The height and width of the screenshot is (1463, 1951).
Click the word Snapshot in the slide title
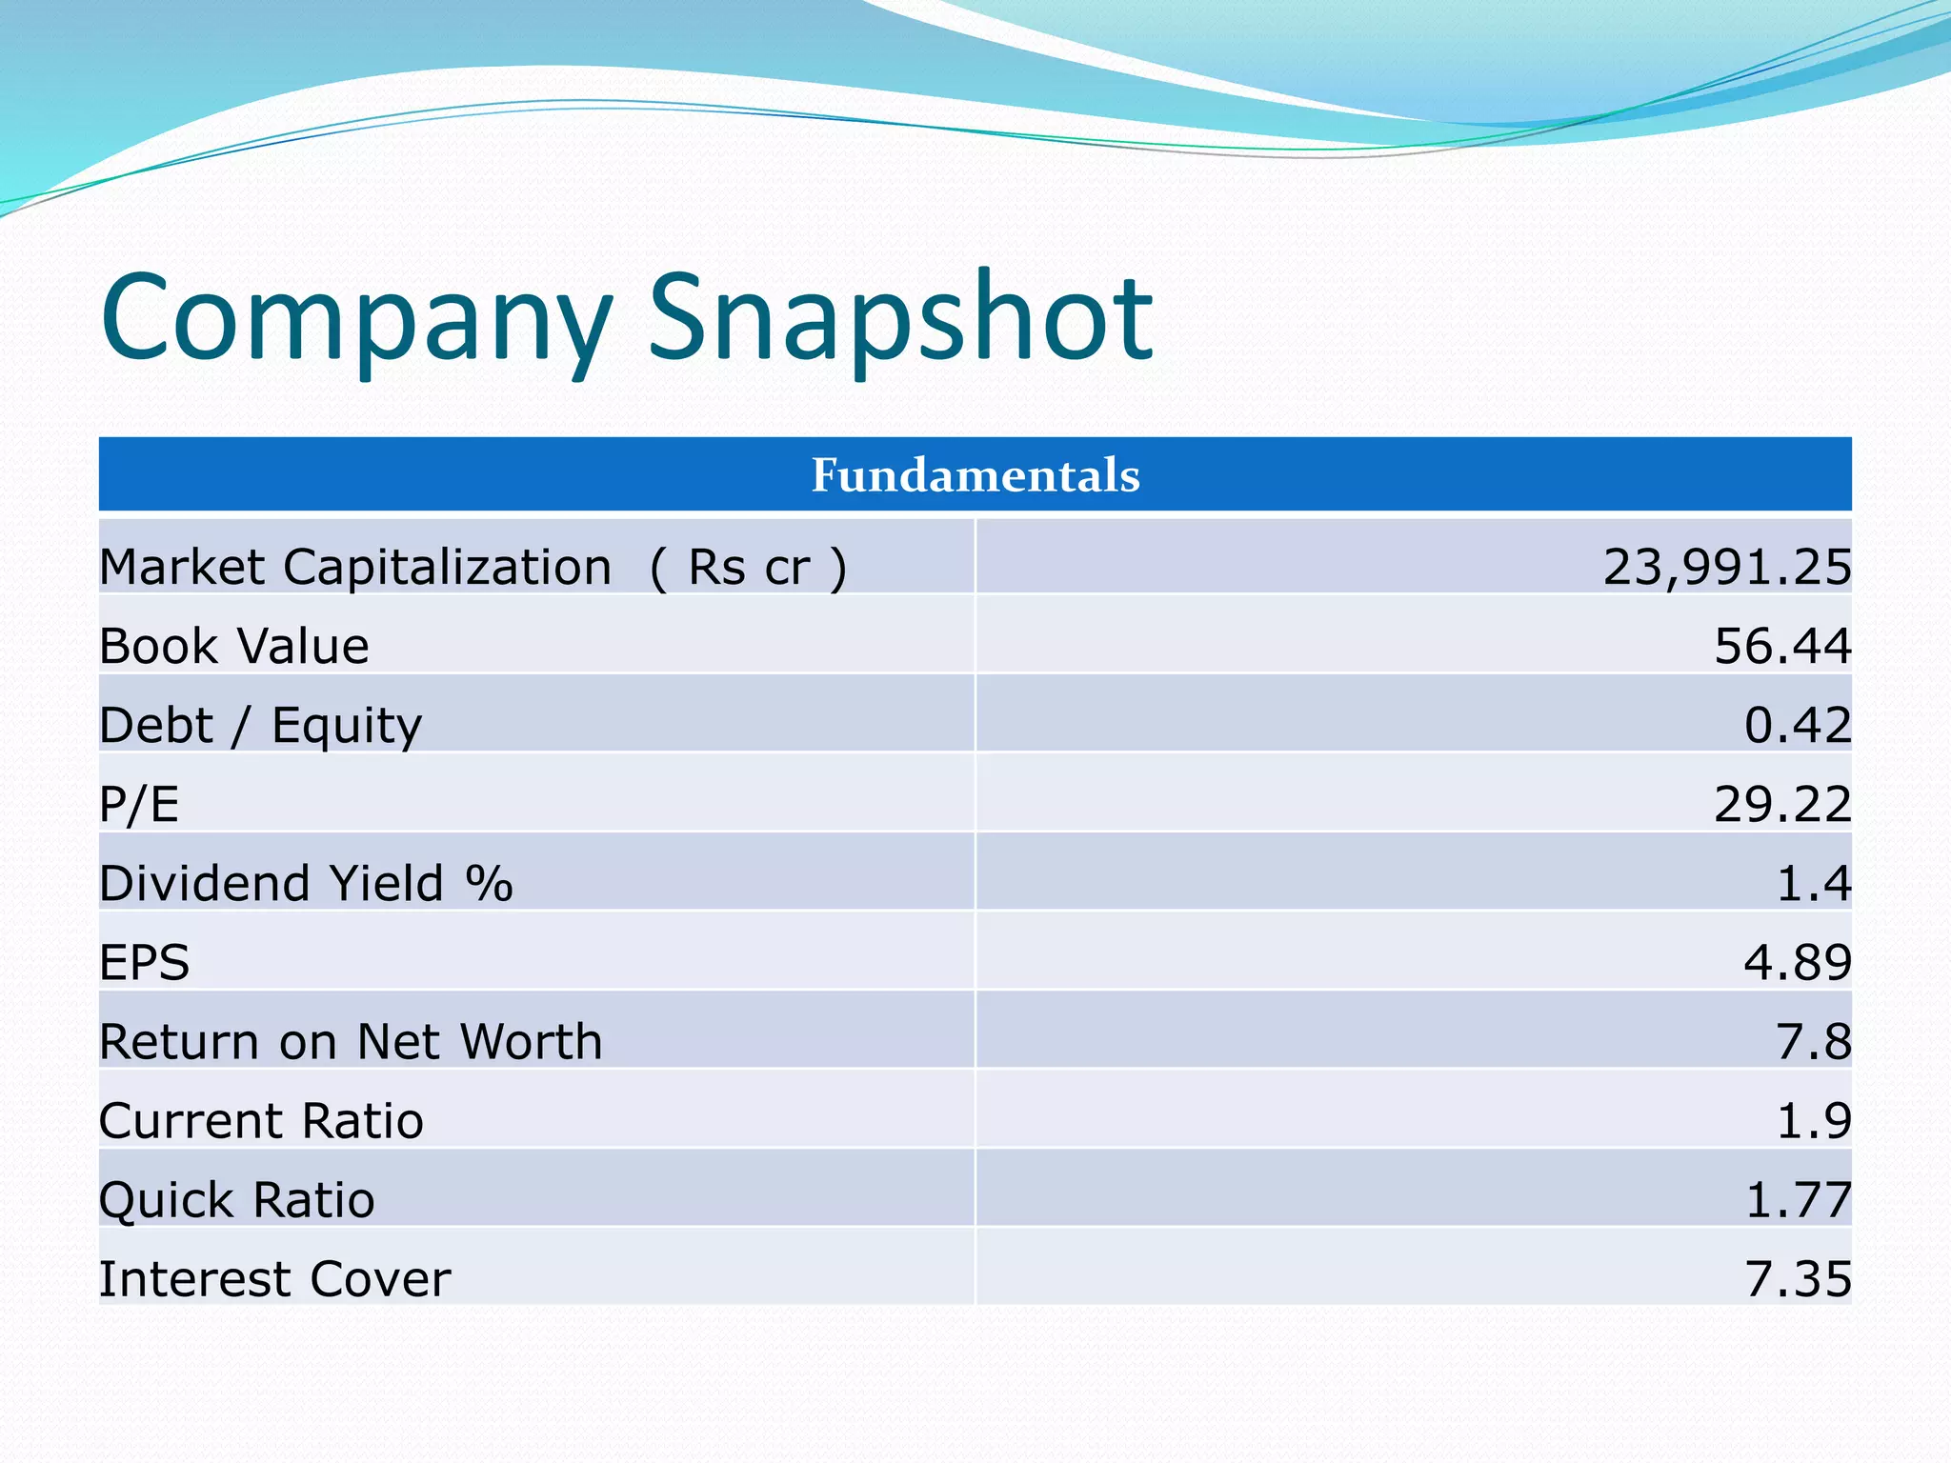pyautogui.click(x=900, y=319)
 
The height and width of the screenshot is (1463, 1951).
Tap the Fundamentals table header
pyautogui.click(x=975, y=474)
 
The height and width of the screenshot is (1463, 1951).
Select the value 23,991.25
pyautogui.click(x=1726, y=567)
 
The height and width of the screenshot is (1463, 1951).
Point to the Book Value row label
pyautogui.click(x=234, y=647)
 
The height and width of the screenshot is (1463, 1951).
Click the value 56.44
pyautogui.click(x=1781, y=647)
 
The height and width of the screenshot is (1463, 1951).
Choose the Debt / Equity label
pyautogui.click(x=260, y=726)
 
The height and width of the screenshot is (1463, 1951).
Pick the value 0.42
pyautogui.click(x=1797, y=726)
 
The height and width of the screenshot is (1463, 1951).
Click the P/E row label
pyautogui.click(x=139, y=805)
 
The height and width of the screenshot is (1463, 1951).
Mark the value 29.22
pyautogui.click(x=1781, y=805)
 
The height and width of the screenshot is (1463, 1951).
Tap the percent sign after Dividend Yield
pyautogui.click(x=490, y=883)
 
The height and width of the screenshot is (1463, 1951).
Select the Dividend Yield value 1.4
pyautogui.click(x=1813, y=884)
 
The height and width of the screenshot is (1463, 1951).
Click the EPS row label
pyautogui.click(x=145, y=962)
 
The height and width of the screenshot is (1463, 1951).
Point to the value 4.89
pyautogui.click(x=1797, y=962)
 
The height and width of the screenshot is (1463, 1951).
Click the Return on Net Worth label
pyautogui.click(x=351, y=1041)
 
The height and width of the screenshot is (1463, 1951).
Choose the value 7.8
pyautogui.click(x=1813, y=1041)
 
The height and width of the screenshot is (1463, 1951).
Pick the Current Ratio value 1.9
pyautogui.click(x=1813, y=1121)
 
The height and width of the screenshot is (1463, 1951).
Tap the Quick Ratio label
pyautogui.click(x=237, y=1200)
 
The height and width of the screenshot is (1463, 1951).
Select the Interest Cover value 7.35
pyautogui.click(x=1797, y=1279)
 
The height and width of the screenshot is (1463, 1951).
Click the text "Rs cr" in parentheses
pyautogui.click(x=749, y=568)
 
